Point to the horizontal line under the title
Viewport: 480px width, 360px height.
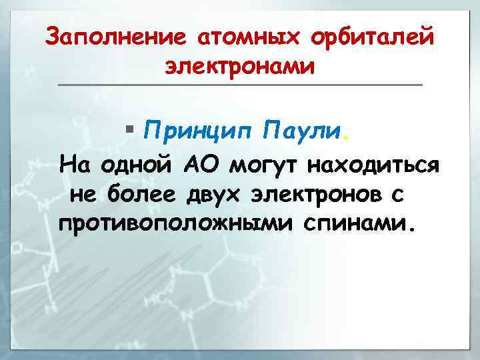click(240, 85)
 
